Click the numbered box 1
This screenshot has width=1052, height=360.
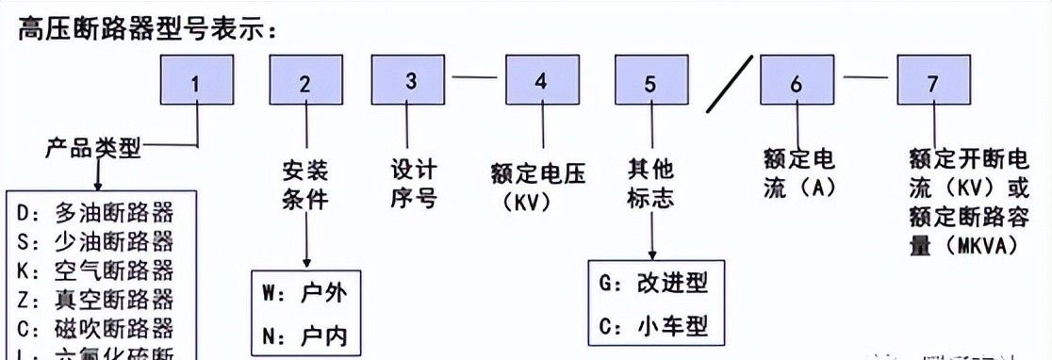(195, 81)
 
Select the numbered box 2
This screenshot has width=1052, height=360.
(304, 81)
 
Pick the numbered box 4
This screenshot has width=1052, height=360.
(541, 80)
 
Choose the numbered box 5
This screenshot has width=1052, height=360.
(650, 81)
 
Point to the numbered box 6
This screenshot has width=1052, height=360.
(797, 81)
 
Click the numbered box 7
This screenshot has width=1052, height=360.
(932, 81)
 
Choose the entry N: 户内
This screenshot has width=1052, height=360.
(305, 335)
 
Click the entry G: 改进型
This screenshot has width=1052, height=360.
(652, 283)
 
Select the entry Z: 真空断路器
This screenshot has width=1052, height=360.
(94, 301)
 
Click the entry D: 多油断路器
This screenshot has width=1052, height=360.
(94, 210)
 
